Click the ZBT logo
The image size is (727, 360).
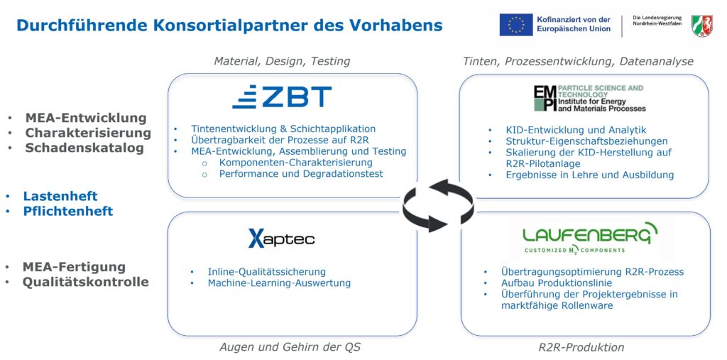(282, 97)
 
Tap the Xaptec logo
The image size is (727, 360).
(281, 239)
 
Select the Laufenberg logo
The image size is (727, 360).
(591, 238)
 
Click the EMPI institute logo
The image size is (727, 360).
(589, 98)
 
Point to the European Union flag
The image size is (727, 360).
(515, 25)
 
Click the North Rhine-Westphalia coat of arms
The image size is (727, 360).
(702, 25)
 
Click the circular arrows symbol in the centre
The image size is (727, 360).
(437, 205)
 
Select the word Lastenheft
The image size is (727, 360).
(60, 196)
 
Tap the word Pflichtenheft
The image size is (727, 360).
(68, 211)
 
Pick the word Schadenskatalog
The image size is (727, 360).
(84, 148)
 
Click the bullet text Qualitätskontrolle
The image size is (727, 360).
(86, 282)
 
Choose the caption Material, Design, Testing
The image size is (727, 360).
(282, 61)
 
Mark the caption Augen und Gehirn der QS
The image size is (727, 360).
(290, 347)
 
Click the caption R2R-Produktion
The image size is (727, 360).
(581, 347)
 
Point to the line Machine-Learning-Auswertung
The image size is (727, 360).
(279, 283)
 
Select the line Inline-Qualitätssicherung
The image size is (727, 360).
(267, 272)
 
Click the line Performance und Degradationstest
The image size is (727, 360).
(301, 173)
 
